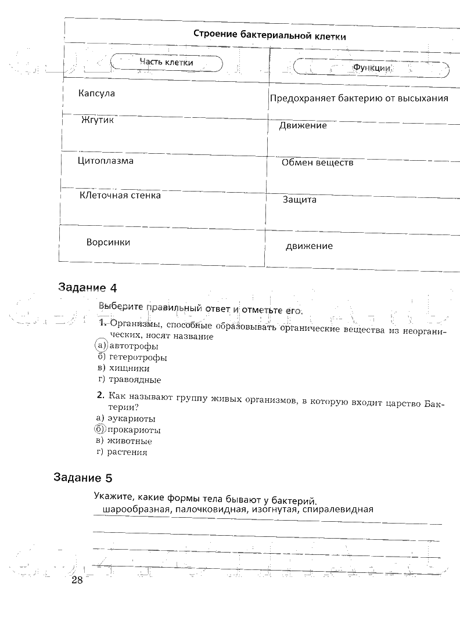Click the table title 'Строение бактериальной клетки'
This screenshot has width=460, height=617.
[270, 35]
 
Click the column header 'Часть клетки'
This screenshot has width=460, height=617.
[166, 63]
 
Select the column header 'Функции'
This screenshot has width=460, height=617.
[372, 68]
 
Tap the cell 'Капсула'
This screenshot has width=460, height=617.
[96, 93]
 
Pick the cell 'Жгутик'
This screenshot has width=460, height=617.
[98, 121]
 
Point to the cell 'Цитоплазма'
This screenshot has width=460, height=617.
[105, 161]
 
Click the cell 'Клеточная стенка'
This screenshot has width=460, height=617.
[120, 196]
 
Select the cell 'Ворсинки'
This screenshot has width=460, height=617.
[108, 242]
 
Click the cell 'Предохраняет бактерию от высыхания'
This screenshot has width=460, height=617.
[358, 98]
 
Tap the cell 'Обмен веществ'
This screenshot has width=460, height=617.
[317, 163]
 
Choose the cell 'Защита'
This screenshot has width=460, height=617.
[299, 200]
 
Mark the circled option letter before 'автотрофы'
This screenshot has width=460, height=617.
[101, 346]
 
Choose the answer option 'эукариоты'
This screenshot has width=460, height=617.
[132, 418]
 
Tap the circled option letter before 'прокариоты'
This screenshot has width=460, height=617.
[100, 430]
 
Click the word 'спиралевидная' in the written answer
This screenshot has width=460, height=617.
[340, 510]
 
